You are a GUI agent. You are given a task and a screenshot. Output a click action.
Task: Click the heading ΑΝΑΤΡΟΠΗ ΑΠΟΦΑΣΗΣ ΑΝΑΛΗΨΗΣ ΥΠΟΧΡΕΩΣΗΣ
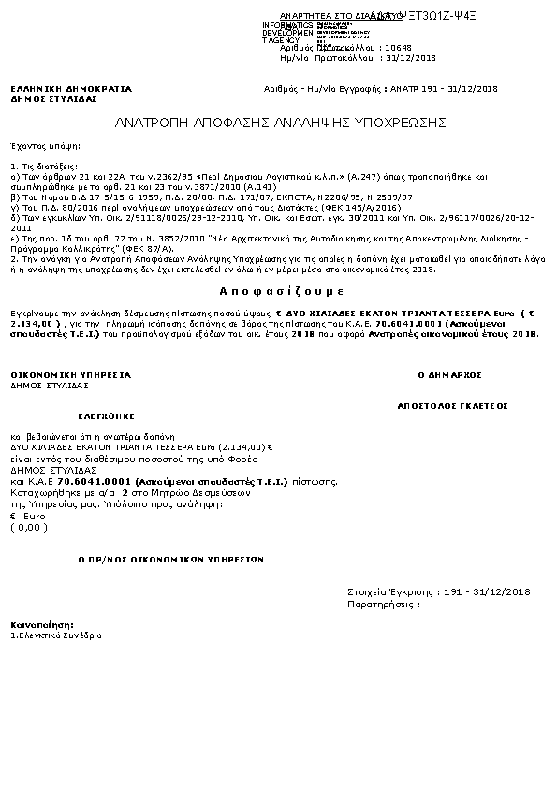pos(280,123)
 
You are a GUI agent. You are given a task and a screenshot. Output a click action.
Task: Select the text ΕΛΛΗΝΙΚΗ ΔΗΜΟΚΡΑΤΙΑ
pos(71,89)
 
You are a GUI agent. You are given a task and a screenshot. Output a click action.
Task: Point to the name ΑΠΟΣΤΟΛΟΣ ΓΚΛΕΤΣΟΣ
pos(452,407)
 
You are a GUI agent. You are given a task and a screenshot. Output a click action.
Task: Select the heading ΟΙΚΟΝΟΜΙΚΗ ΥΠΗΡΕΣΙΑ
pos(70,374)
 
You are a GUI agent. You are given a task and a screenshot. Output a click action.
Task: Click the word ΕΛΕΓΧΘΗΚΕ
pos(105,415)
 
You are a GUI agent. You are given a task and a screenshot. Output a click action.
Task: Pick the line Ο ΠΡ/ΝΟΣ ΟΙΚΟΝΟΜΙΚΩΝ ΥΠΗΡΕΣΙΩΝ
pos(170,559)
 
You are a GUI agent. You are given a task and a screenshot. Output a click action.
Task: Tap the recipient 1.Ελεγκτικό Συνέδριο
pos(56,635)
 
